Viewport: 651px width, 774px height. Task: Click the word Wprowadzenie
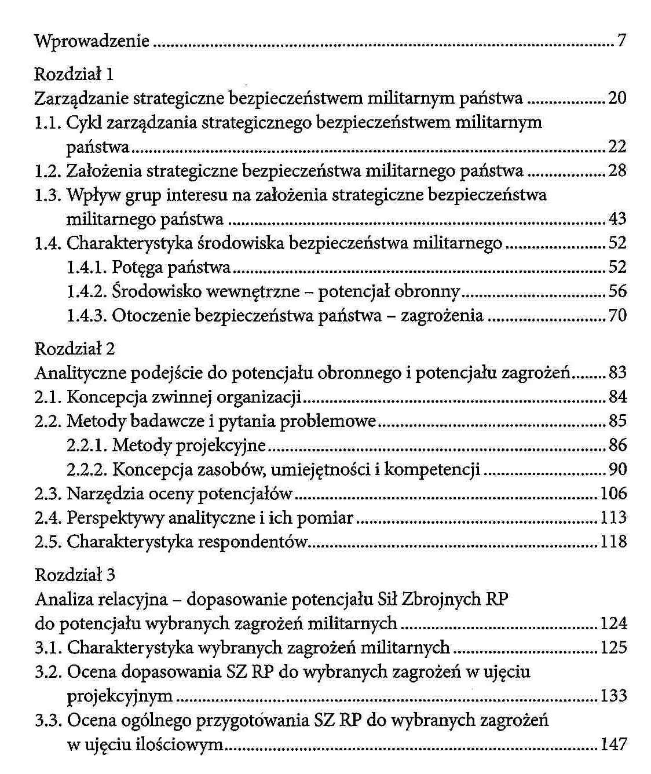point(92,42)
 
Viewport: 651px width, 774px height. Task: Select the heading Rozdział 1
point(75,74)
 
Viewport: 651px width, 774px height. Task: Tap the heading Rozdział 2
point(75,348)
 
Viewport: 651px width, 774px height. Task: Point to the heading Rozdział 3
point(75,574)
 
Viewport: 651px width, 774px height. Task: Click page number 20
point(617,98)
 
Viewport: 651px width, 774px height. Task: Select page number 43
point(617,219)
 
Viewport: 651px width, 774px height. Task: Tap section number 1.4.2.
point(87,291)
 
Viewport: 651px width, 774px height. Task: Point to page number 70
point(617,316)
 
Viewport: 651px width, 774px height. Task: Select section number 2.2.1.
point(87,446)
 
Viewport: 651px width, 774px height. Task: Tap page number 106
point(614,494)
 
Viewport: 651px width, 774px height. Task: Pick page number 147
point(614,744)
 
